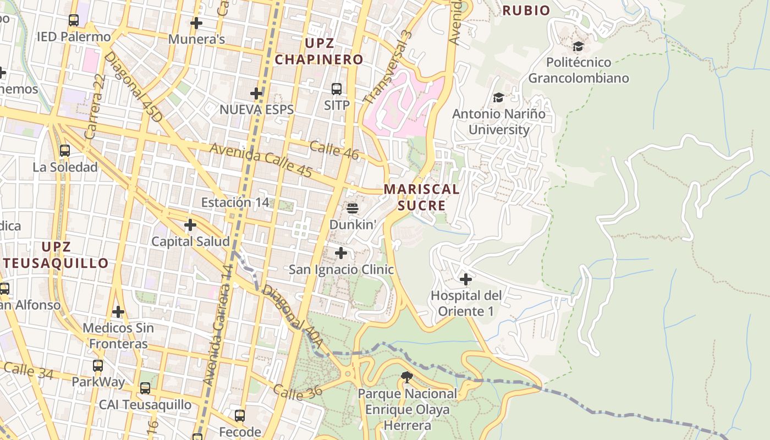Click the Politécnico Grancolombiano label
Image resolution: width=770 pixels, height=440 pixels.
coord(578,70)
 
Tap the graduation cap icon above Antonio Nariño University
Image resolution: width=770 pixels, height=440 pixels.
coord(498,98)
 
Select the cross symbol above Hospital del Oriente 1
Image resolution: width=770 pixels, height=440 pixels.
coord(466,279)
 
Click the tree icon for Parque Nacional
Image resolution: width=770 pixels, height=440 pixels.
coord(407,377)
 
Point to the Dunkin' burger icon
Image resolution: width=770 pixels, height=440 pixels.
coord(353,208)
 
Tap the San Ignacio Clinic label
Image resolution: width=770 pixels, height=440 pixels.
coord(341,269)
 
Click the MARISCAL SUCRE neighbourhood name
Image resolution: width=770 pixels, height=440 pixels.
coord(421,197)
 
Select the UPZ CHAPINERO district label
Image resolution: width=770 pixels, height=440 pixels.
coord(319,51)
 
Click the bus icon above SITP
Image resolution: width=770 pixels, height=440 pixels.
coord(337,89)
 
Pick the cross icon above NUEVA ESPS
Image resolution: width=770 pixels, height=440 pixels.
coord(256,94)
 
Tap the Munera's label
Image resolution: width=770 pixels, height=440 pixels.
coord(196,39)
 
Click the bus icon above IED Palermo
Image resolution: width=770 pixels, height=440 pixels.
coord(74,21)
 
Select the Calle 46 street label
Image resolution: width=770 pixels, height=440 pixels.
coord(334,150)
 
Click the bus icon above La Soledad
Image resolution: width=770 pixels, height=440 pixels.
coord(65,151)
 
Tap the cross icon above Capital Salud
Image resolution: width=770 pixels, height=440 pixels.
coord(190,225)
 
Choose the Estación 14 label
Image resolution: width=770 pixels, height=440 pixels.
coord(235,202)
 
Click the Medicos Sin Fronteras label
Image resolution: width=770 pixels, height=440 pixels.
coord(118,335)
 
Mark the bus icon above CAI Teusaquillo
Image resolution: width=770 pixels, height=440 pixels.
coord(145,388)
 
